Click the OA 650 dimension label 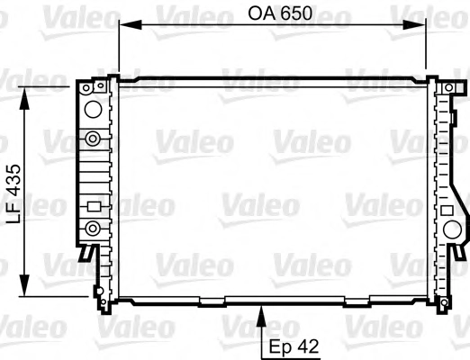pos(280,13)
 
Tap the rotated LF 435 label pos(14,193)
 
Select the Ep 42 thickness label pos(294,347)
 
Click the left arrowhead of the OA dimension pos(130,25)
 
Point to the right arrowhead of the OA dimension pos(414,25)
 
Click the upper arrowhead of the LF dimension pos(24,98)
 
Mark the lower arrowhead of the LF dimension pos(24,285)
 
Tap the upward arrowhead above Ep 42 pos(262,316)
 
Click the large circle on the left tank pos(93,109)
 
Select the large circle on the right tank pos(452,229)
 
